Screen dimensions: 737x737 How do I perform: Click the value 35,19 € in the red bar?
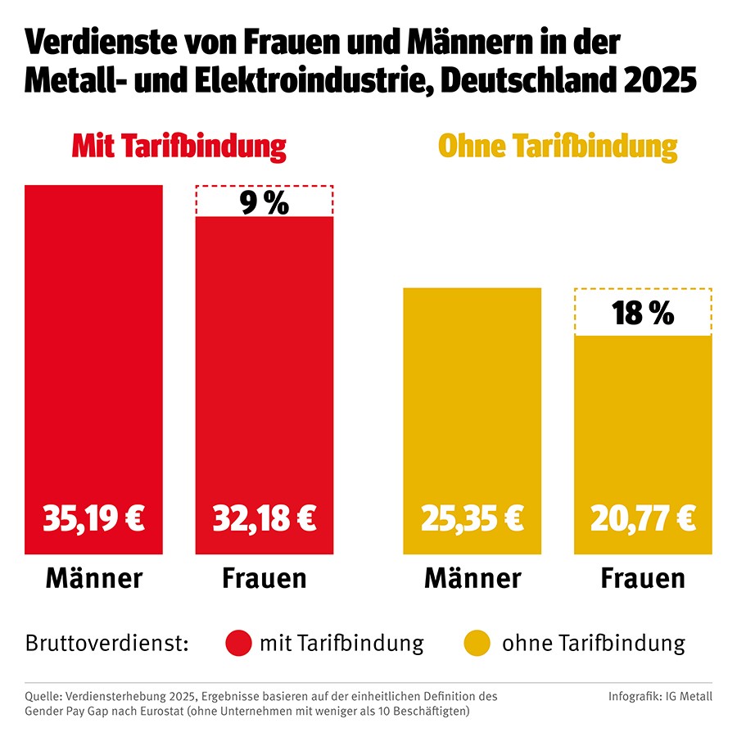pos(93,518)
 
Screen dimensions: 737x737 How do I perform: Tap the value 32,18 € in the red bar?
pos(264,518)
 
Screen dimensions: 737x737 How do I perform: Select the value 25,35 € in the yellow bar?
pos(472,518)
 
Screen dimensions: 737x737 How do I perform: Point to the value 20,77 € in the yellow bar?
pos(643,518)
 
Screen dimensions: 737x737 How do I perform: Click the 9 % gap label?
pos(264,202)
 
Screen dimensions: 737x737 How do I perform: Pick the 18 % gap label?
pos(643,313)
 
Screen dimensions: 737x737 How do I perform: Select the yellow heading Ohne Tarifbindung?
pos(558,147)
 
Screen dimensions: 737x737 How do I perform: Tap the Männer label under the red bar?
pos(93,578)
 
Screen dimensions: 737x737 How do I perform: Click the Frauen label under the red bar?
pos(264,578)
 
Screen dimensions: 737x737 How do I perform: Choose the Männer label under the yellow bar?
pos(472,578)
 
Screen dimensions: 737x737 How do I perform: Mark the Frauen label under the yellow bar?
pos(643,578)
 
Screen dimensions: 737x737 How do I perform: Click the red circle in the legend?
pos(238,644)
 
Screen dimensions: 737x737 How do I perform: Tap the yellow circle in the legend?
pos(477,644)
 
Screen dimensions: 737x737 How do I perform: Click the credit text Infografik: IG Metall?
pos(660,697)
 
